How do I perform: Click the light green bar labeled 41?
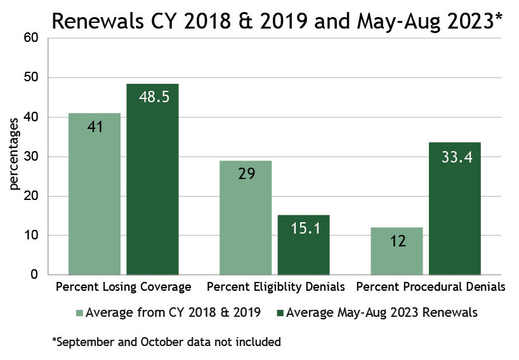click(x=95, y=194)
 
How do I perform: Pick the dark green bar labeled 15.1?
click(x=303, y=244)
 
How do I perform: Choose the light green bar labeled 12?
click(x=397, y=251)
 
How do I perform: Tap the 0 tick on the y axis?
click(x=36, y=275)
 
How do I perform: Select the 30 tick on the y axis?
click(x=32, y=157)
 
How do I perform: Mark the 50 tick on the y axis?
click(x=32, y=77)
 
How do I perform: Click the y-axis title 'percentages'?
click(x=14, y=157)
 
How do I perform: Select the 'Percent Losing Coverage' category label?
click(x=124, y=287)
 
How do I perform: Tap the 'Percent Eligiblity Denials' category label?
click(x=276, y=287)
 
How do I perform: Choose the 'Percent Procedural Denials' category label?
click(x=431, y=287)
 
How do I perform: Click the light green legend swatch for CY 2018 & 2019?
click(x=79, y=312)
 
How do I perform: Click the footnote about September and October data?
click(x=166, y=342)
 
